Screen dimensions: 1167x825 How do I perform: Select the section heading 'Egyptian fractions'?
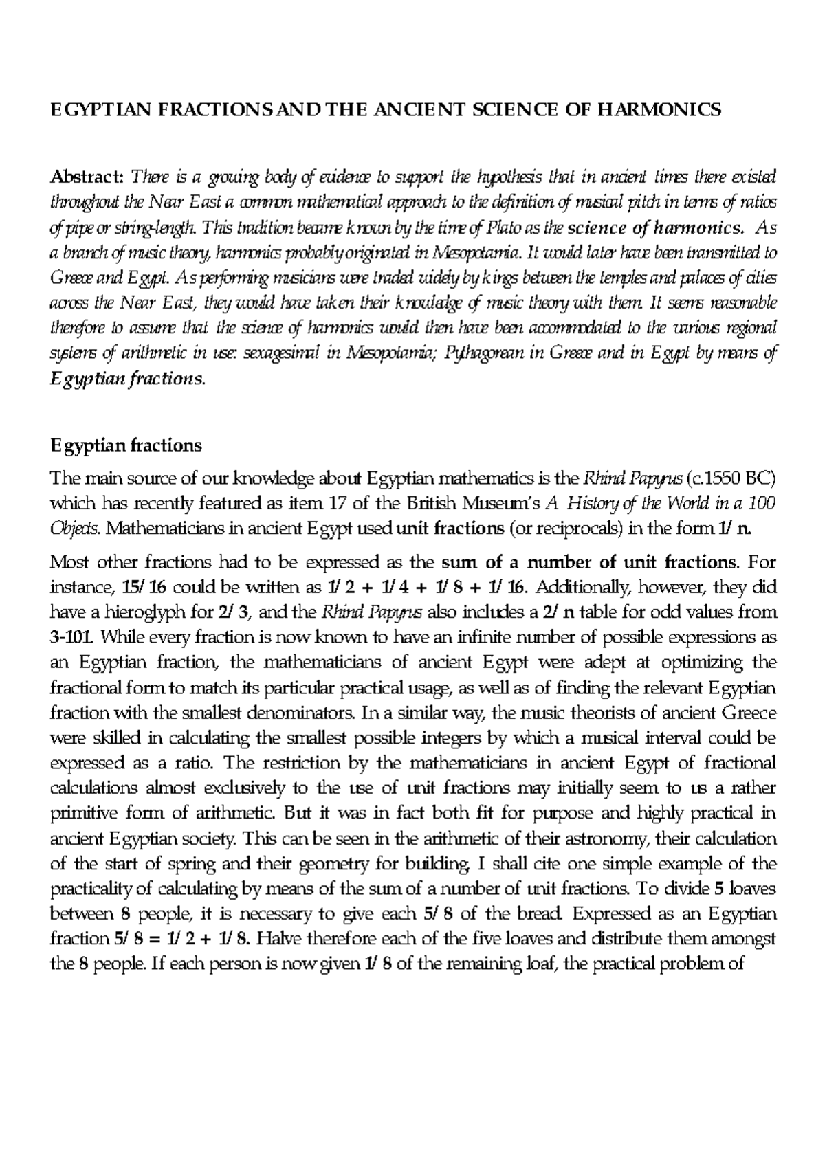coord(126,445)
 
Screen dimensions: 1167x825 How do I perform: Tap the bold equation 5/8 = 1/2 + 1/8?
coord(184,939)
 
